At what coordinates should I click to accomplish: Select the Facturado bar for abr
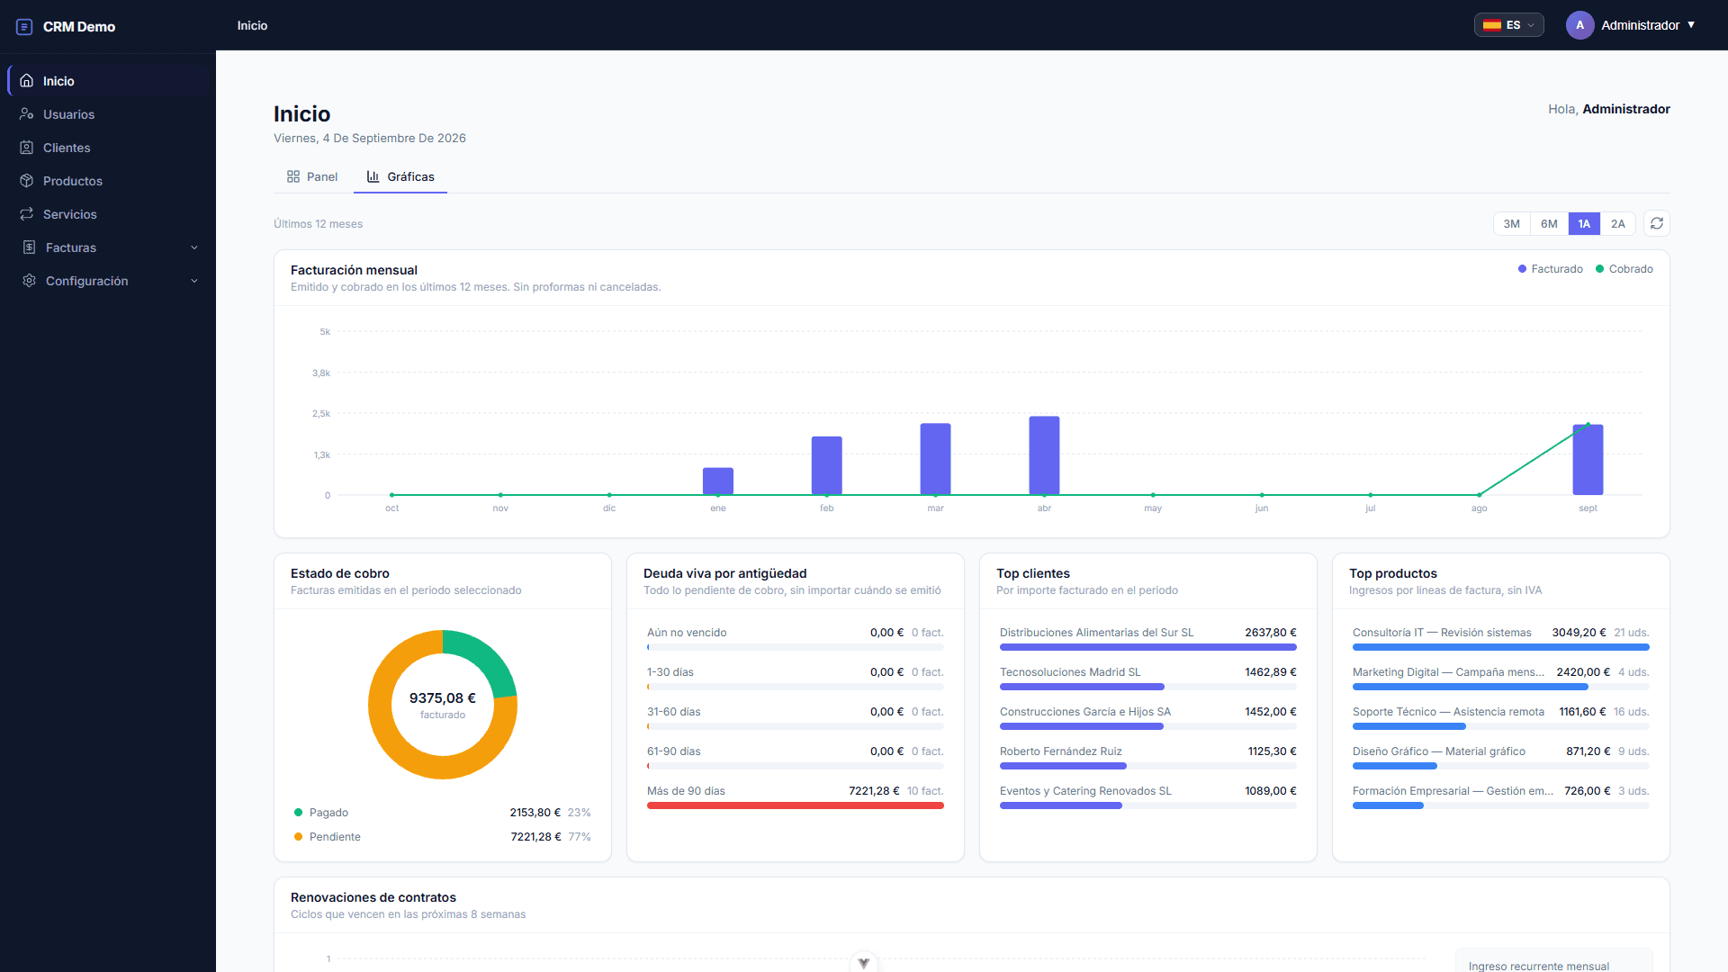(x=1044, y=455)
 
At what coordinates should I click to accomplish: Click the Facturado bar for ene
(x=718, y=481)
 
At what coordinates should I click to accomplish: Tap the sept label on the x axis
(x=1588, y=508)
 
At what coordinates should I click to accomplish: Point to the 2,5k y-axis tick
(x=321, y=414)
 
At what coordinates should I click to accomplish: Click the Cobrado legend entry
(x=1624, y=269)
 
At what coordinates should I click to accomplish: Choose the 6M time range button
(x=1549, y=224)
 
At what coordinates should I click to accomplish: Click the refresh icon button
(x=1657, y=223)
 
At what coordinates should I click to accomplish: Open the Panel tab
(x=312, y=177)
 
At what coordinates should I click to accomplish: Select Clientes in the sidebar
(x=67, y=148)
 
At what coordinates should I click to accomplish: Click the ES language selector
(x=1509, y=25)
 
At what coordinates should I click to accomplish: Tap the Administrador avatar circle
(x=1579, y=25)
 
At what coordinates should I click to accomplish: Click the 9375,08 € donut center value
(x=443, y=698)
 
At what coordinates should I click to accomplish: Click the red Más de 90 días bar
(x=796, y=805)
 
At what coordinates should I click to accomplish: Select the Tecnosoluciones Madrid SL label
(x=1070, y=672)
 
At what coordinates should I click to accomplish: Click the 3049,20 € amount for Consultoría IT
(x=1579, y=633)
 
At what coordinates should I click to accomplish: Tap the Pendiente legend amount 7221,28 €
(x=535, y=837)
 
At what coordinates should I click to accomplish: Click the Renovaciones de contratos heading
(x=373, y=897)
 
